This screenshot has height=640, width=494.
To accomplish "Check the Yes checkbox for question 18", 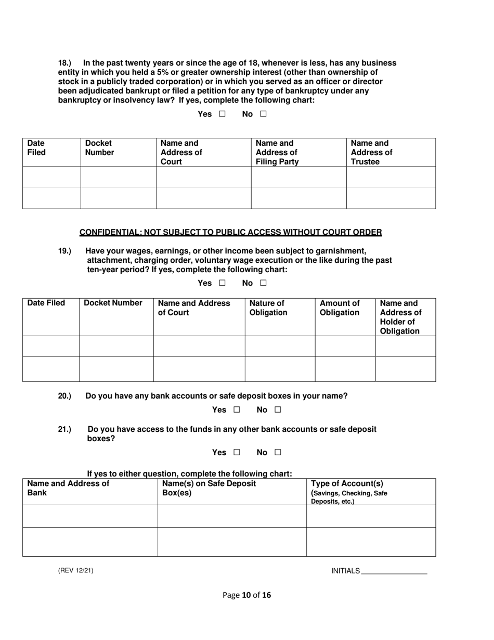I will tap(222, 114).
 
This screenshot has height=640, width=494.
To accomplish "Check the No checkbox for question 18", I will tap(263, 114).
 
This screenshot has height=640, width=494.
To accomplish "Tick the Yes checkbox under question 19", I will tap(222, 283).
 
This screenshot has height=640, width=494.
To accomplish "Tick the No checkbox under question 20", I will tap(278, 410).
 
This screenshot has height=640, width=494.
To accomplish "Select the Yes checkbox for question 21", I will tap(237, 453).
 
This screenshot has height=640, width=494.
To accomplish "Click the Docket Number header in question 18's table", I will tap(99, 148).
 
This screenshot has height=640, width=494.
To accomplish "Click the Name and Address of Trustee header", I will tap(371, 152).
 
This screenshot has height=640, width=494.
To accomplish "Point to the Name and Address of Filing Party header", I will tap(277, 152).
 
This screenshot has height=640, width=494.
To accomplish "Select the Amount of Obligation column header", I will tap(339, 308).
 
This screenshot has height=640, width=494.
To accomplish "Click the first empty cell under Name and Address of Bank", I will tap(90, 516).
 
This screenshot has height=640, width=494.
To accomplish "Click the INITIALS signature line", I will tap(394, 571).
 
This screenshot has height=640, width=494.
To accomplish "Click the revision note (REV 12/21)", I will tap(75, 571).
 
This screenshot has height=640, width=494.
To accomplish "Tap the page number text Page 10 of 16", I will tap(246, 595).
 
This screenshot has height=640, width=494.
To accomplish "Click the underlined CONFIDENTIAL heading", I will tap(230, 232).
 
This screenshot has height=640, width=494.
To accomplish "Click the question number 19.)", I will tap(64, 251).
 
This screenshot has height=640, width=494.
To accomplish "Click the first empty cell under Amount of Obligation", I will tap(345, 346).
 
